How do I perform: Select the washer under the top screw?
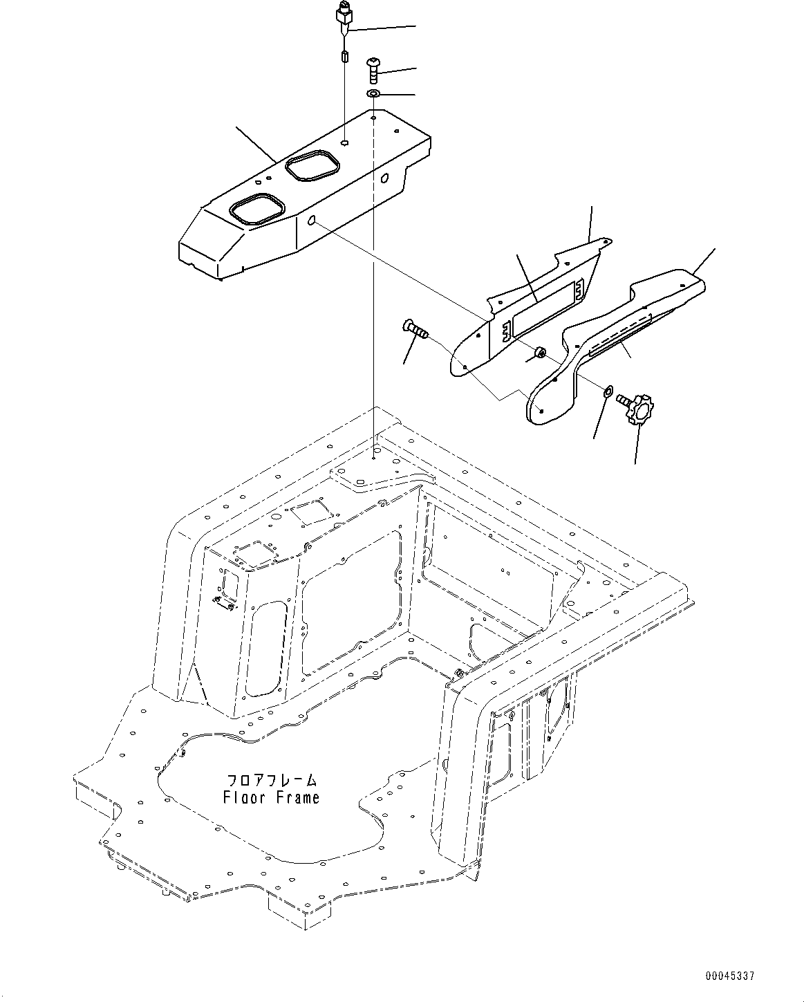point(373,93)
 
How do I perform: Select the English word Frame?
point(298,797)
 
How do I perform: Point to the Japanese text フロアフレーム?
point(271,780)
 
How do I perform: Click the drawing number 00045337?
point(729,976)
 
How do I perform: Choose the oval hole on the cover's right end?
point(385,178)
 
